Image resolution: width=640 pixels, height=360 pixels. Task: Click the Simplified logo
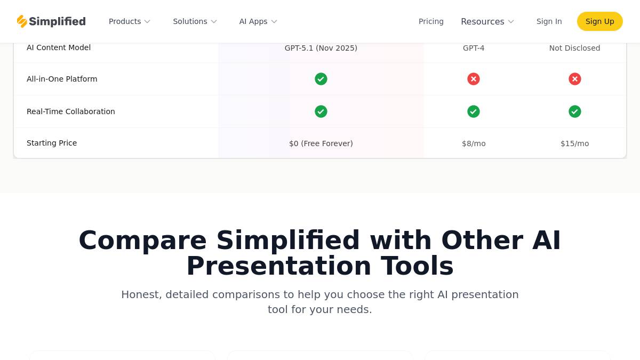click(51, 21)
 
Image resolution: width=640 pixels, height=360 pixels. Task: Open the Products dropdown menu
click(130, 21)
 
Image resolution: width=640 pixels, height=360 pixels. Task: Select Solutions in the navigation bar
click(195, 21)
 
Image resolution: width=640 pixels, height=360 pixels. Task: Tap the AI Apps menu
click(258, 21)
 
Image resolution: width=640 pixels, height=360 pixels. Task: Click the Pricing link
click(431, 21)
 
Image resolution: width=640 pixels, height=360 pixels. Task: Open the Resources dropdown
click(487, 21)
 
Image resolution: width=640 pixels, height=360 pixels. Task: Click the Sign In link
click(549, 21)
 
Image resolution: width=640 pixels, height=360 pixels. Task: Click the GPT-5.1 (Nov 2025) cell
click(321, 48)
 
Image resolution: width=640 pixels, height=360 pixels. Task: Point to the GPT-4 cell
click(474, 48)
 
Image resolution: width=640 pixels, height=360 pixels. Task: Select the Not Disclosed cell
click(574, 48)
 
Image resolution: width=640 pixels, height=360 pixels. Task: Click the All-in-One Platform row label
click(62, 79)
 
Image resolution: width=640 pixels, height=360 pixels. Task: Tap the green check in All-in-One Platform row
click(321, 79)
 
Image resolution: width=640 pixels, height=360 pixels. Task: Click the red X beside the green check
click(474, 79)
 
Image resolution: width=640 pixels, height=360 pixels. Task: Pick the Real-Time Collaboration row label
click(70, 111)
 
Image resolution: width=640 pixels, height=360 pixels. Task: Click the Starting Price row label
click(52, 143)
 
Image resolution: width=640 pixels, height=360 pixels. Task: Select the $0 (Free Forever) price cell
click(321, 143)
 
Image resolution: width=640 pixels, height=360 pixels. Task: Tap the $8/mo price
click(474, 143)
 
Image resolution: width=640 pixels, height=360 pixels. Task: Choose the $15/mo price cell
click(574, 143)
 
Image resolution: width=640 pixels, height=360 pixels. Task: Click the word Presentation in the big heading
click(278, 266)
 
